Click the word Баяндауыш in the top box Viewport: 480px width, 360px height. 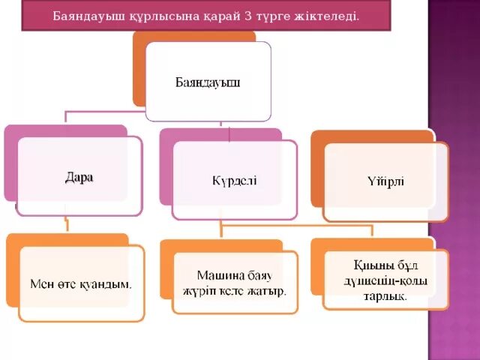pos(208,81)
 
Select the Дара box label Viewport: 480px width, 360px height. pos(79,178)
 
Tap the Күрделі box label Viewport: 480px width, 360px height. pos(234,180)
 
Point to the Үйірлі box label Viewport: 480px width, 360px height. pos(386,180)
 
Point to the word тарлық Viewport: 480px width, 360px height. pos(386,295)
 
